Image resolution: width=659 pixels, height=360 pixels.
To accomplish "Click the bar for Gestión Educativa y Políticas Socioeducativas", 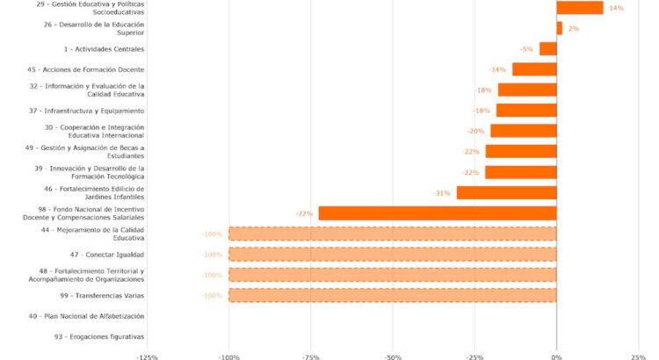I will [579, 8].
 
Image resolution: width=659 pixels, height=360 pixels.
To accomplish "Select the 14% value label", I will [616, 8].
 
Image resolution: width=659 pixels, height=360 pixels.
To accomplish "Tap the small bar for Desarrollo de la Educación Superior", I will [559, 28].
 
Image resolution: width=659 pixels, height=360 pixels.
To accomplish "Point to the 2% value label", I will [573, 29].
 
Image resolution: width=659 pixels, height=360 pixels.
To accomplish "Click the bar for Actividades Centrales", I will [547, 49].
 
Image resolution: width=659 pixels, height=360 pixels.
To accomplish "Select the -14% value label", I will [497, 69].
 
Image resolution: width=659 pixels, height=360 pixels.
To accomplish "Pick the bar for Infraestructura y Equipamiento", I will [526, 111].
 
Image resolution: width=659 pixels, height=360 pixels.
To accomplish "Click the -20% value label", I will [475, 131].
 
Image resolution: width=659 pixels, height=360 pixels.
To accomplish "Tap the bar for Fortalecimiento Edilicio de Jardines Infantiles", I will [506, 192].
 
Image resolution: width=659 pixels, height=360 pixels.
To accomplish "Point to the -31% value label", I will [442, 192].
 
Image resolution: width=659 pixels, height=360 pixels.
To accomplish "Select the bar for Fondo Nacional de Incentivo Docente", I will [437, 213].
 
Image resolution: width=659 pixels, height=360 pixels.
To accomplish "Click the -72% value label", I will [305, 213].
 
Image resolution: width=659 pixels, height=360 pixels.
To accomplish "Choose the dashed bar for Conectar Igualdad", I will [392, 255].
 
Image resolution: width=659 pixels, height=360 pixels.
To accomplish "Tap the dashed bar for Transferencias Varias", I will [392, 296].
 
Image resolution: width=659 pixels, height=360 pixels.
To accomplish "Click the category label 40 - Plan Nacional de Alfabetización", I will [86, 316].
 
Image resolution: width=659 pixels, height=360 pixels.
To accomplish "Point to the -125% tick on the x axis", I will [147, 356].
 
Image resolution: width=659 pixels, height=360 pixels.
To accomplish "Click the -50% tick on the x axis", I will [392, 356].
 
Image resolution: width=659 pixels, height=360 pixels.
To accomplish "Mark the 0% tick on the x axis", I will [556, 356].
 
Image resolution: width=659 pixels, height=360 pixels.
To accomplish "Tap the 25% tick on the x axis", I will [638, 356].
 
